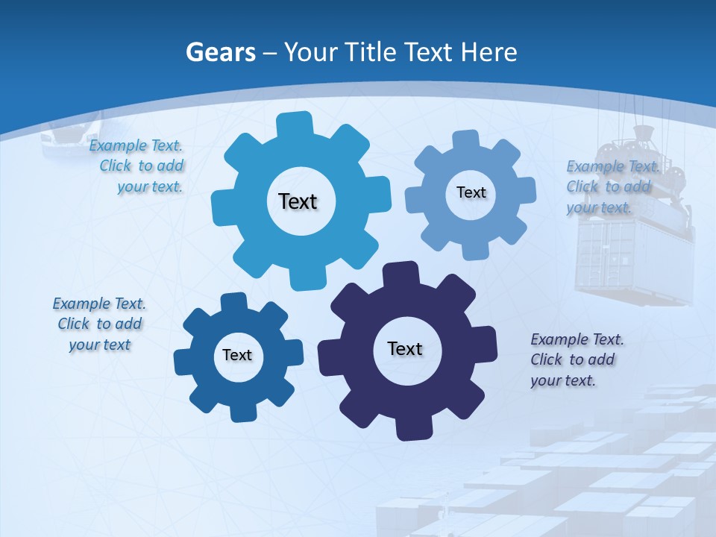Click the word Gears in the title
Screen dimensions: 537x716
tap(220, 52)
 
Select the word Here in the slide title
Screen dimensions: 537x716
tap(489, 52)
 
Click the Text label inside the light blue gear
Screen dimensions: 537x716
tap(298, 201)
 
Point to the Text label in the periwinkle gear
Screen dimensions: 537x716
tap(471, 192)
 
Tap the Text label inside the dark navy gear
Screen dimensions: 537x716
tap(405, 348)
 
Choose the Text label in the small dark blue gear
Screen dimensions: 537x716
tap(237, 355)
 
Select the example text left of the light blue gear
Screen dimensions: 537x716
tap(139, 166)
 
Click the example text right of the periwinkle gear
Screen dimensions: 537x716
tap(612, 186)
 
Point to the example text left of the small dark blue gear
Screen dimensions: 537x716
tap(99, 324)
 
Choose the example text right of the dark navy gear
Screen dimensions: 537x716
tap(576, 359)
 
